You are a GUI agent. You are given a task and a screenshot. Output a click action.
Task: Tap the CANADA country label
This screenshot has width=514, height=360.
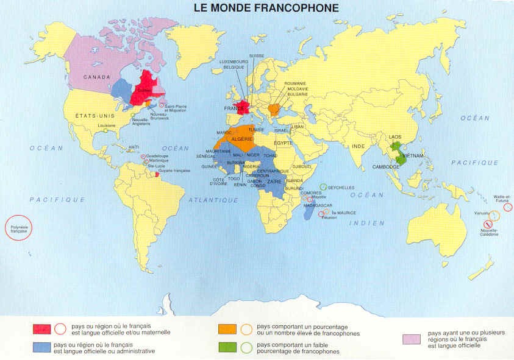click(96, 77)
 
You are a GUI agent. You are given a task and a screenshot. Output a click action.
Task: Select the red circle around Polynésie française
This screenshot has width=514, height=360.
click(18, 228)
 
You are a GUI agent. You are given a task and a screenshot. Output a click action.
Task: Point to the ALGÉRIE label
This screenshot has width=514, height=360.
click(242, 139)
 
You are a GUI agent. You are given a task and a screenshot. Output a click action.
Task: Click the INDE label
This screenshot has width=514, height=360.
click(359, 146)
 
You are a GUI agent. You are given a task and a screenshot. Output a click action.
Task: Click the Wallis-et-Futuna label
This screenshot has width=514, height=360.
click(503, 198)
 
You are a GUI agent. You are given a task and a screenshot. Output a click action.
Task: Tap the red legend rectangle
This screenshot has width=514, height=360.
click(41, 330)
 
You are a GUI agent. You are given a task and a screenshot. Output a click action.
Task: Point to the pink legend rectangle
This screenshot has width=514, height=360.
click(412, 339)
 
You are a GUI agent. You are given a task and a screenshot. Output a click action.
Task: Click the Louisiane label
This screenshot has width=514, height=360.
click(107, 125)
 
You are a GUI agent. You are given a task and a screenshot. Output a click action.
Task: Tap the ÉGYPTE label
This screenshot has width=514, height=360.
click(283, 143)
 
